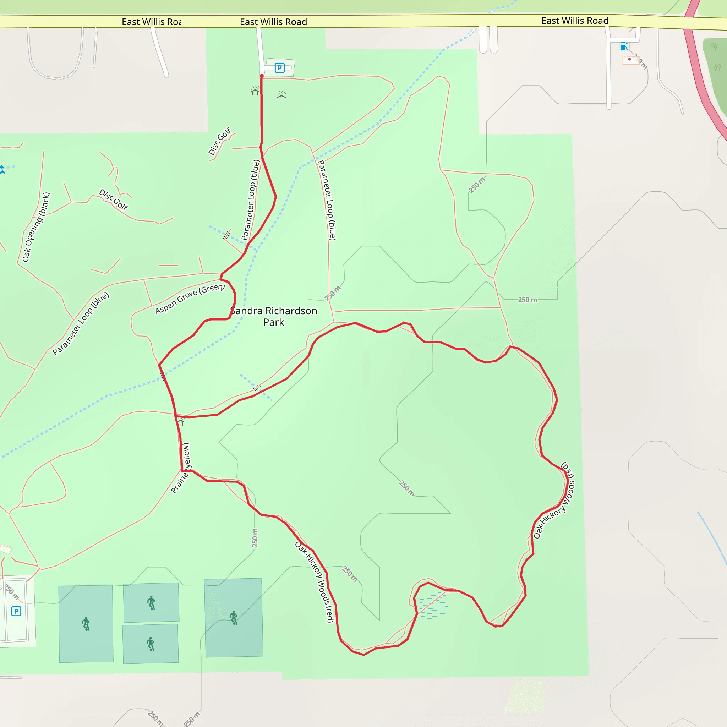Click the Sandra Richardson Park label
click(274, 316)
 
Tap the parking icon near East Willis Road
click(279, 68)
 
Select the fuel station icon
click(623, 46)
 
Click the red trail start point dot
click(262, 76)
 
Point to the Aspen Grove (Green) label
click(190, 299)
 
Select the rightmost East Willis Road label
click(575, 21)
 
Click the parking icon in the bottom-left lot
click(16, 611)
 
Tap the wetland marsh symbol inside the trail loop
click(433, 606)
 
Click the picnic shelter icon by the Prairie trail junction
click(182, 421)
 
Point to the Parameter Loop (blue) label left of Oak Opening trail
click(81, 323)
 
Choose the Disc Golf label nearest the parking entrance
click(219, 141)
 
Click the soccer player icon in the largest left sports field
click(86, 623)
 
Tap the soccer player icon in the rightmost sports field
click(234, 618)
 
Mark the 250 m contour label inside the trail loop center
click(407, 488)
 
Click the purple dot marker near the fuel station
click(629, 59)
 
